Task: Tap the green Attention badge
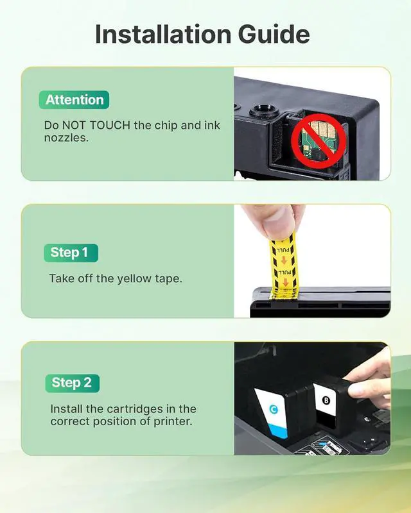[x=74, y=99]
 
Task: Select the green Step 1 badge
[x=69, y=253]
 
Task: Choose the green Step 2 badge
[x=72, y=383]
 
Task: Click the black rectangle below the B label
[x=327, y=423]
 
